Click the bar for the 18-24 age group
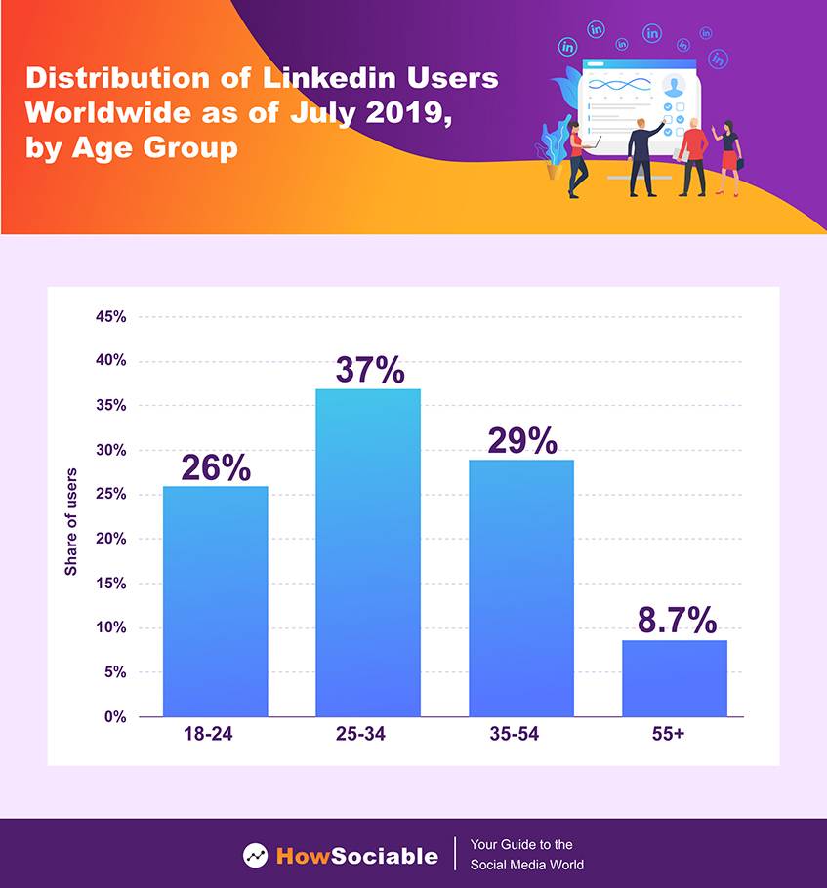pyautogui.click(x=215, y=600)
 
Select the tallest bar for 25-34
pyautogui.click(x=368, y=551)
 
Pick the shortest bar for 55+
pyautogui.click(x=675, y=678)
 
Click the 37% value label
pyautogui.click(x=369, y=370)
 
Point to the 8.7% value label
pyautogui.click(x=675, y=621)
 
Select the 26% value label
pyautogui.click(x=216, y=467)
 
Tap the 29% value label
pyautogui.click(x=522, y=441)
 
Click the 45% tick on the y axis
pyautogui.click(x=110, y=317)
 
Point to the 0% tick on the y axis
pyautogui.click(x=115, y=717)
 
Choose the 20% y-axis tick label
pyautogui.click(x=110, y=539)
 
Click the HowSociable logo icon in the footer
pyautogui.click(x=256, y=856)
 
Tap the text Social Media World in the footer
pyautogui.click(x=527, y=865)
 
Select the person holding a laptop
pyautogui.click(x=577, y=156)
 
